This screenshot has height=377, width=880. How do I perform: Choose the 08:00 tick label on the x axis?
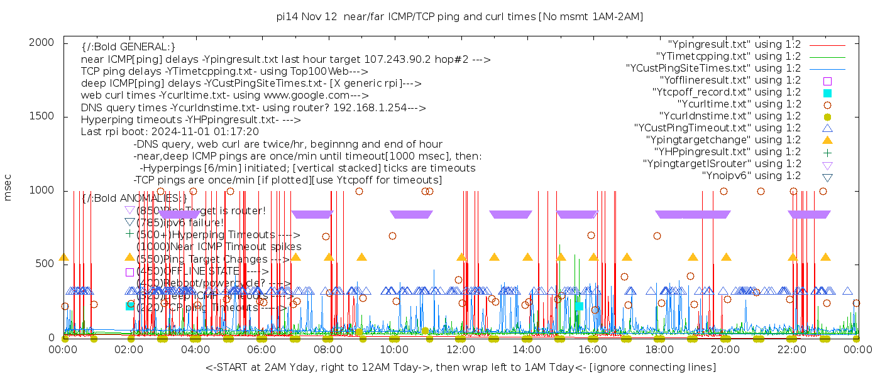click(x=328, y=349)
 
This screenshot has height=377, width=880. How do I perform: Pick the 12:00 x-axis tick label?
click(x=461, y=349)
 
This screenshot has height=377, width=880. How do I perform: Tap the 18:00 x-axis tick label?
click(x=659, y=349)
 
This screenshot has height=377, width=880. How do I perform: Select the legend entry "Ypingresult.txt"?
click(x=734, y=45)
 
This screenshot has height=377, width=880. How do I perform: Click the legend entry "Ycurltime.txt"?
click(x=739, y=104)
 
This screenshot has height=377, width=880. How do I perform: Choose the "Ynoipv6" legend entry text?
click(x=751, y=176)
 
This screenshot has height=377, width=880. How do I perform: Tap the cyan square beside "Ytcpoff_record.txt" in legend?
click(x=827, y=92)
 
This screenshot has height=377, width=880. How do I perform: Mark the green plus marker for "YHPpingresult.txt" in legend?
click(x=827, y=152)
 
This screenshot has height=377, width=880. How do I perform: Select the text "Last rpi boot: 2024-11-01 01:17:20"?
click(x=170, y=132)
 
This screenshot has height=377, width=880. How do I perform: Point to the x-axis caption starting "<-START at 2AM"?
click(x=460, y=367)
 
